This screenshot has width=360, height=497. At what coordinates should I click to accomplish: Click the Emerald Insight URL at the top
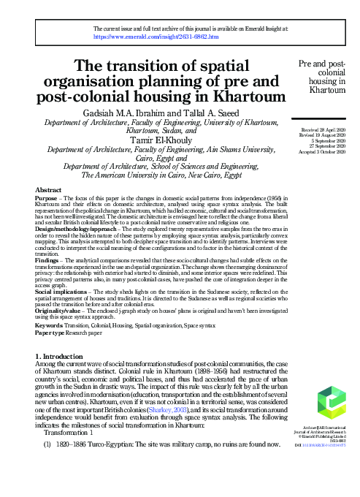156,36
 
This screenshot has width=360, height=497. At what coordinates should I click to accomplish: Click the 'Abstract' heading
48,189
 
